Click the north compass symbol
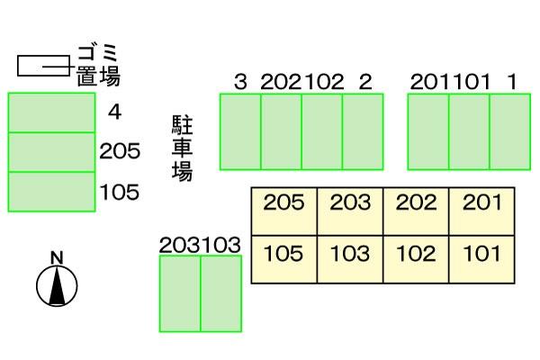tap(57, 286)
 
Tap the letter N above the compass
tap(58, 258)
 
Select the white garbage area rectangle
tap(44, 66)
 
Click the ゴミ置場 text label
tap(98, 66)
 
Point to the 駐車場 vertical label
tap(182, 148)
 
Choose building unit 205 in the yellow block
tap(284, 211)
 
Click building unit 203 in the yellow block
tap(350, 211)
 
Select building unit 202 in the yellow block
tap(416, 211)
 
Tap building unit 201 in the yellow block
tap(481, 211)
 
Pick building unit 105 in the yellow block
tap(284, 260)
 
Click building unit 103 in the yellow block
tap(350, 260)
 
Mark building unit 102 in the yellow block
tap(416, 260)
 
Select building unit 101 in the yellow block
tap(481, 260)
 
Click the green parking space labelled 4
tap(51, 112)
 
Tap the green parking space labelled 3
tap(240, 131)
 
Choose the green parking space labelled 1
tap(510, 131)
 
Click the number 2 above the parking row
tap(365, 82)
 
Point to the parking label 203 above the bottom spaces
tap(179, 245)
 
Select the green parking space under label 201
tap(428, 131)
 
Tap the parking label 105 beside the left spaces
tap(120, 192)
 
